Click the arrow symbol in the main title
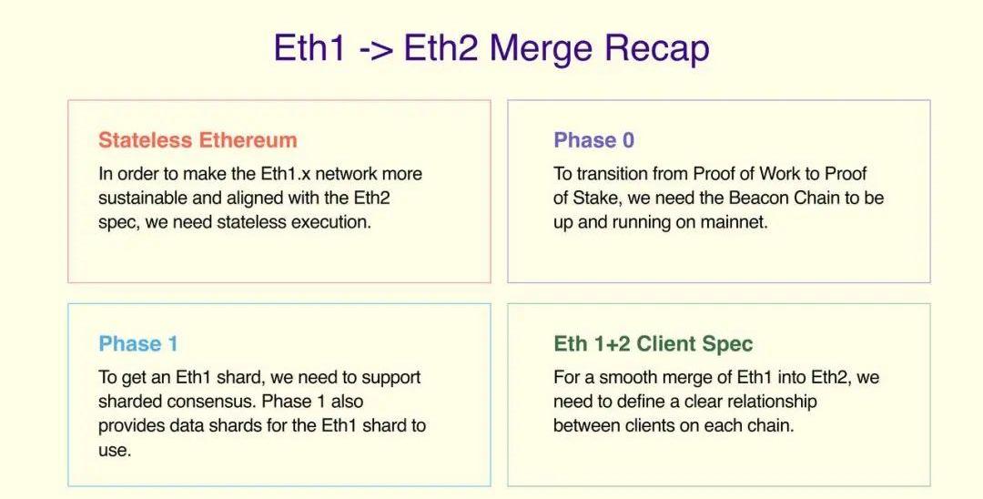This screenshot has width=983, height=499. [377, 49]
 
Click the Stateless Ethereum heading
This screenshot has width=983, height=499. [198, 140]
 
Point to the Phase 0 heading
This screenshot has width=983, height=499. [593, 140]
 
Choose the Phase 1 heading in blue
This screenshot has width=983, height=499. [138, 343]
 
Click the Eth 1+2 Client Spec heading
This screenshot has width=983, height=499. [653, 343]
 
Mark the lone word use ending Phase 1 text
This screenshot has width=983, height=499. [115, 451]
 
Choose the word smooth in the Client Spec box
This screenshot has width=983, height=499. [628, 377]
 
